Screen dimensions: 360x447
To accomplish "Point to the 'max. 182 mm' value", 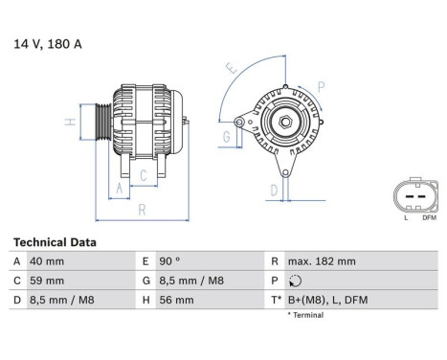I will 322,261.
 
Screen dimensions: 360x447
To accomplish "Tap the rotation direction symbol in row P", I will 293,281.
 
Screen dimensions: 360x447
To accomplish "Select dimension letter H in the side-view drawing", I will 69,123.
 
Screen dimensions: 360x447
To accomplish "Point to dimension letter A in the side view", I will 120,190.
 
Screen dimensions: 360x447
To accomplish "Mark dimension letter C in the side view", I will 143,174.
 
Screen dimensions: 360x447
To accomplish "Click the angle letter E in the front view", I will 230,68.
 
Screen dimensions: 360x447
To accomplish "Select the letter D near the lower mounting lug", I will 274,190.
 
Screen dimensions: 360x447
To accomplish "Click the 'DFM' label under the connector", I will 429,218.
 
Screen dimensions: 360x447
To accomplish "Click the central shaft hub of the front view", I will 285,123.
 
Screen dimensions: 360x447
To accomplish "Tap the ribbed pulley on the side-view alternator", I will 99,124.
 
